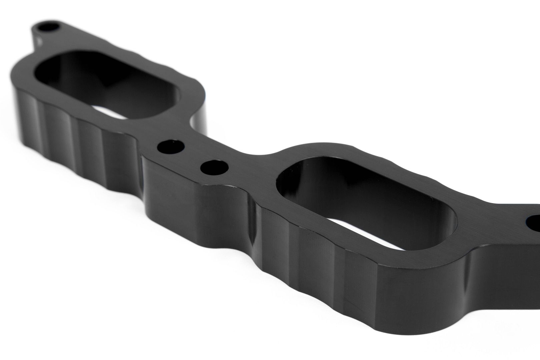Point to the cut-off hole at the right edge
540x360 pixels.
pyautogui.click(x=533, y=224)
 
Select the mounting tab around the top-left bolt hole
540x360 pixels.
pyautogui.click(x=40, y=33)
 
